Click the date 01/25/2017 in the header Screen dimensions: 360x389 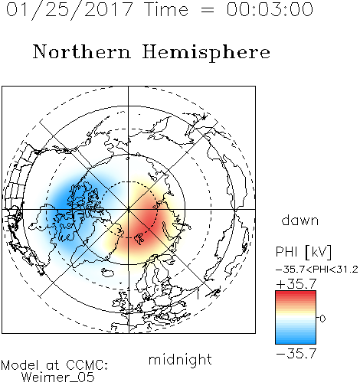click(70, 10)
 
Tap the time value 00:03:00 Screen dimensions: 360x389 click(270, 9)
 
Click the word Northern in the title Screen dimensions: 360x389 click(82, 51)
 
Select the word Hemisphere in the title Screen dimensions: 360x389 click(206, 53)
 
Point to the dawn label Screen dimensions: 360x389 click(300, 220)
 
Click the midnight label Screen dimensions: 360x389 click(180, 360)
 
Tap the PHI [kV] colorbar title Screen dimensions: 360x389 click(303, 252)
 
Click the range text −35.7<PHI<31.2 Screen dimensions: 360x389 click(317, 270)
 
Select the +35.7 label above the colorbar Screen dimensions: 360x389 click(296, 284)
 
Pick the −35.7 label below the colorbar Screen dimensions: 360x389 click(296, 354)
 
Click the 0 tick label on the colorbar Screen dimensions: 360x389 click(322, 319)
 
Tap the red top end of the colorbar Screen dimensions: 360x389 click(296, 293)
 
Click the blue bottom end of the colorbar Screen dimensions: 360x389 click(296, 342)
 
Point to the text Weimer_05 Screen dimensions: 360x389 click(58, 378)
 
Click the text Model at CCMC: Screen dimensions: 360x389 click(54, 365)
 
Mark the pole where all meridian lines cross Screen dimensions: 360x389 click(129, 209)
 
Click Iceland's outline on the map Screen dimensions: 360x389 click(110, 272)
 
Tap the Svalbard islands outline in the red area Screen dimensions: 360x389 click(139, 238)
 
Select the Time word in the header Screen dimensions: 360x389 click(166, 9)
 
